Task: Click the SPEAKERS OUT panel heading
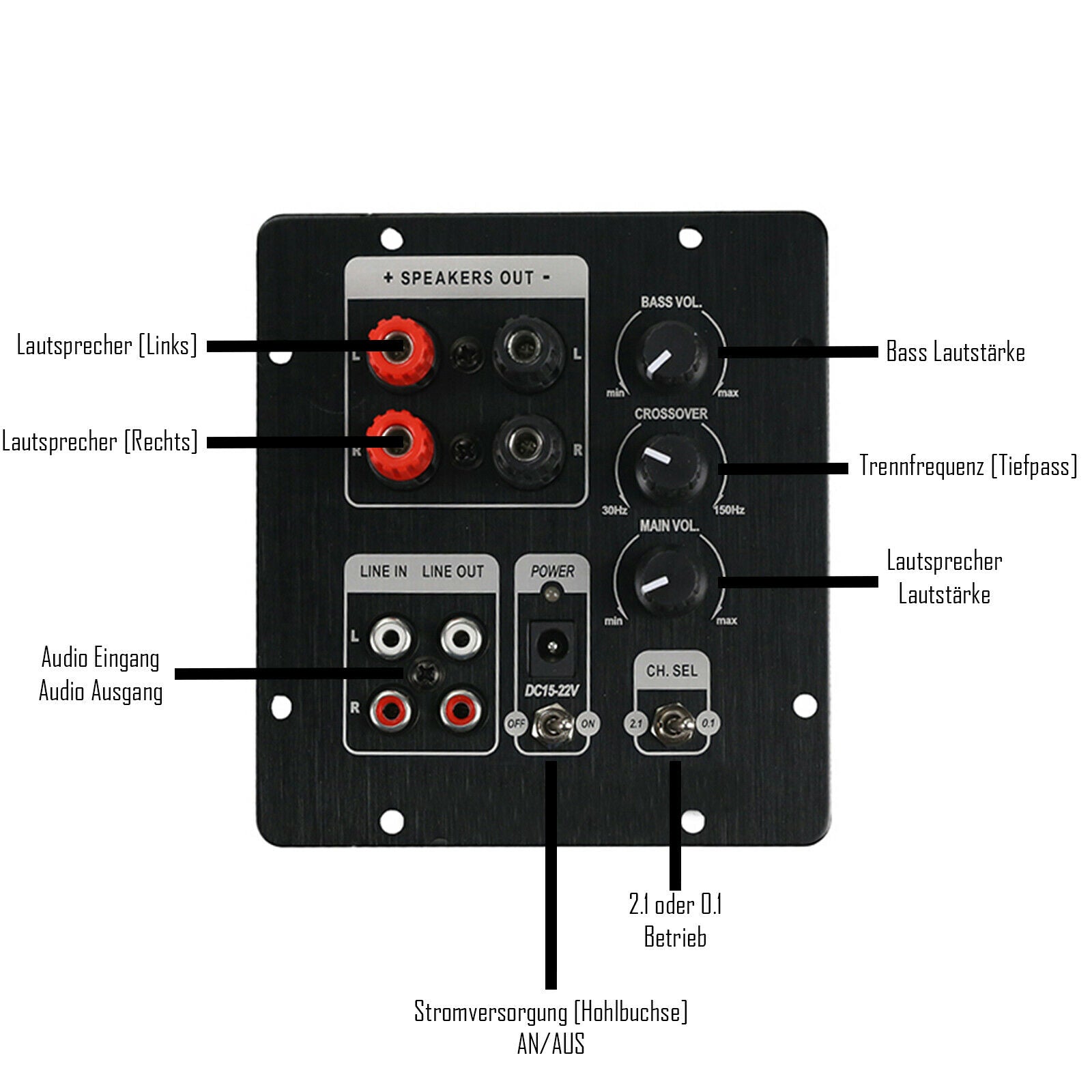coord(467,278)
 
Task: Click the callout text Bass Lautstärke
coord(955,352)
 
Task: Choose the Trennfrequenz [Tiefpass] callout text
coord(968,466)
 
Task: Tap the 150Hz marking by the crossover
coord(729,511)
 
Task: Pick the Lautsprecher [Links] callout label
coord(107,345)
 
